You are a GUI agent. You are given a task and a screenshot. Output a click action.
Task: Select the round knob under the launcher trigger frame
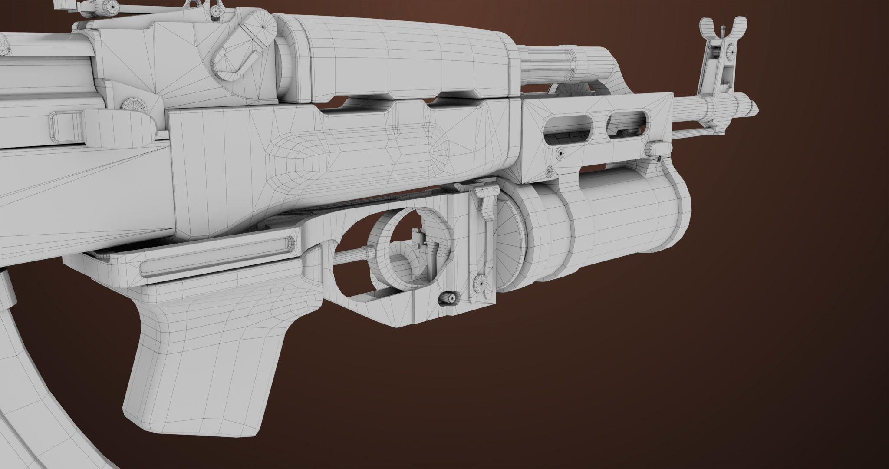(x=448, y=298)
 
